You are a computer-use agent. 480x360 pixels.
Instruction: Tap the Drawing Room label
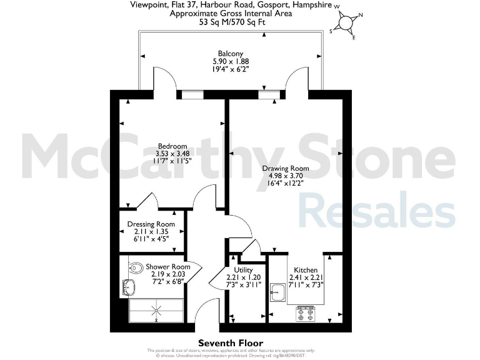click(285, 168)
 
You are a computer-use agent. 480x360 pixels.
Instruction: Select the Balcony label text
click(230, 54)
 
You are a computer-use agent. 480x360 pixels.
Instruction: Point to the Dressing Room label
click(151, 224)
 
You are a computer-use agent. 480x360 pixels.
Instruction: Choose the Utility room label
click(243, 270)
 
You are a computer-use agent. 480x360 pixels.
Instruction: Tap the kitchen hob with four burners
click(306, 313)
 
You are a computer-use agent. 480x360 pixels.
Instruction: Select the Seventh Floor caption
click(231, 342)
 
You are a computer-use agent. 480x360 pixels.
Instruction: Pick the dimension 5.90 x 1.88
click(230, 62)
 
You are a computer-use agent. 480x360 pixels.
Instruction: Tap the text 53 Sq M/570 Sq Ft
click(231, 21)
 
